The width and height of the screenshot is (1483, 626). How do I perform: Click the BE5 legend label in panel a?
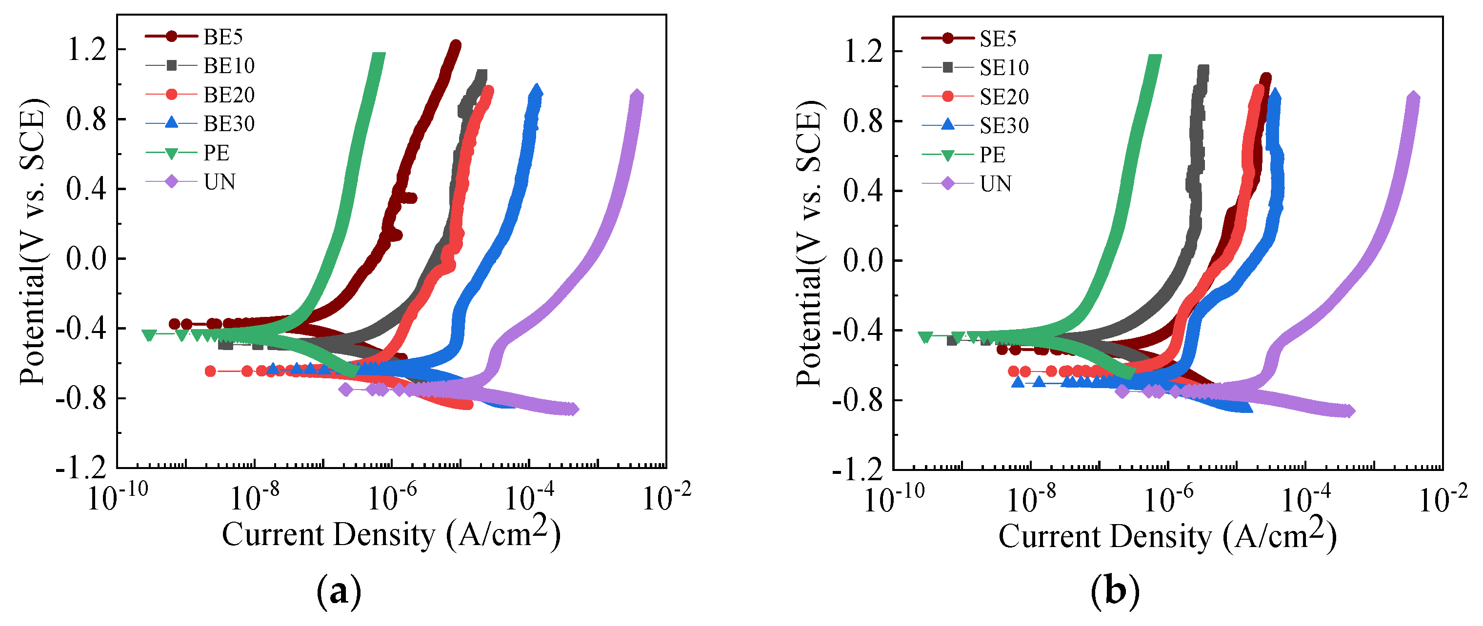coord(223,37)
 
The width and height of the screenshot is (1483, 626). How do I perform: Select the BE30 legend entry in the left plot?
coord(229,124)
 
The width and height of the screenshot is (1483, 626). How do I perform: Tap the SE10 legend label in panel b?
coord(1004,68)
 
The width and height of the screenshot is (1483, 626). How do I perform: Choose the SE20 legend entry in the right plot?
coord(1004,97)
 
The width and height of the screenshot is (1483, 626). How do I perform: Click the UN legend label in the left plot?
coord(220,182)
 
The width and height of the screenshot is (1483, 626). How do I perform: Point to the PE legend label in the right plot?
coord(993,155)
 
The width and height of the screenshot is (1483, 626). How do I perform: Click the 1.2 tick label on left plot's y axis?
coord(87,49)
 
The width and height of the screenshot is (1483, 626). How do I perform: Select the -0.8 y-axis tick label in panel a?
coord(81,398)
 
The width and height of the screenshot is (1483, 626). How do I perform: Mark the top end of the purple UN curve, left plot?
coord(636,96)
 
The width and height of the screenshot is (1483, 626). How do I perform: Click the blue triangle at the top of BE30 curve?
coord(537,92)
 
